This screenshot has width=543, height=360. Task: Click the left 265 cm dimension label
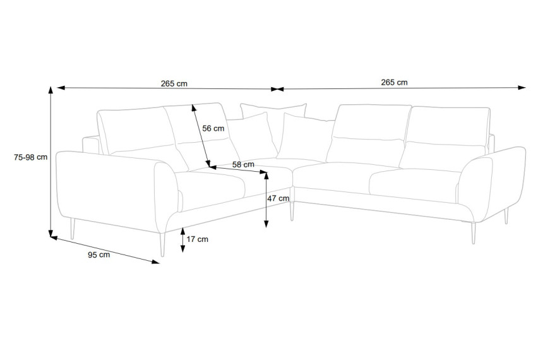(174, 83)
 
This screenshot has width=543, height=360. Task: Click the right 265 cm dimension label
(394, 82)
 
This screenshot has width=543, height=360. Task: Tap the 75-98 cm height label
(30, 157)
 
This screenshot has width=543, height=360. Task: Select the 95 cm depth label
(98, 255)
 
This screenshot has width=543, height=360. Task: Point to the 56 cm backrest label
(213, 128)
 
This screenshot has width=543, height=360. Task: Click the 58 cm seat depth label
(243, 164)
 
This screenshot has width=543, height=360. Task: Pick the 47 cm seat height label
(278, 198)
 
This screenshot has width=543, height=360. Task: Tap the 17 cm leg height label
(198, 239)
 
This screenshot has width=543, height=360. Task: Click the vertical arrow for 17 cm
(183, 240)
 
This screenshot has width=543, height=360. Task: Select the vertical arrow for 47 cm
(266, 200)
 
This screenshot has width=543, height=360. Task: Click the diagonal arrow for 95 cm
(105, 250)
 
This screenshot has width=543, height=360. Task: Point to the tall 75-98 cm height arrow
(51, 162)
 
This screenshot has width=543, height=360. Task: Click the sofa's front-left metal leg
(162, 244)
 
